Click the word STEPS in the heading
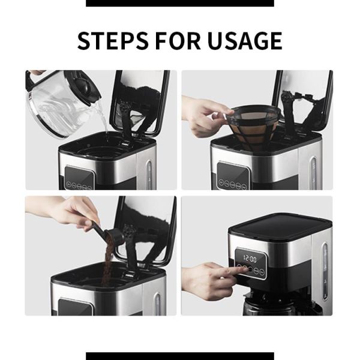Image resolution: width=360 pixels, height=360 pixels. pyautogui.click(x=112, y=41)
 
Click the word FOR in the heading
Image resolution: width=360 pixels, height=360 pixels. pyautogui.click(x=177, y=41)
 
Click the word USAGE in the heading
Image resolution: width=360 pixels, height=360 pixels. pyautogui.click(x=245, y=41)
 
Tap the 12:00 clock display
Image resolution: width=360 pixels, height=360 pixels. pyautogui.click(x=250, y=259)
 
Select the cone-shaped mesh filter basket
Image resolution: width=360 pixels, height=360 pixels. pyautogui.click(x=257, y=126)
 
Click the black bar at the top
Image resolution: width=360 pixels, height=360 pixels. pyautogui.click(x=180, y=3)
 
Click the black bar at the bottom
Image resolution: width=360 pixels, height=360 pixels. pyautogui.click(x=180, y=356)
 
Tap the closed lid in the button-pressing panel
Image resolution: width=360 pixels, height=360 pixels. pyautogui.click(x=280, y=227)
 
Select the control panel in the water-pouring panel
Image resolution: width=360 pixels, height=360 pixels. pyautogui.click(x=79, y=178)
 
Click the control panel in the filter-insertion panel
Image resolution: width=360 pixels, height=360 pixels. pyautogui.click(x=233, y=176)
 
